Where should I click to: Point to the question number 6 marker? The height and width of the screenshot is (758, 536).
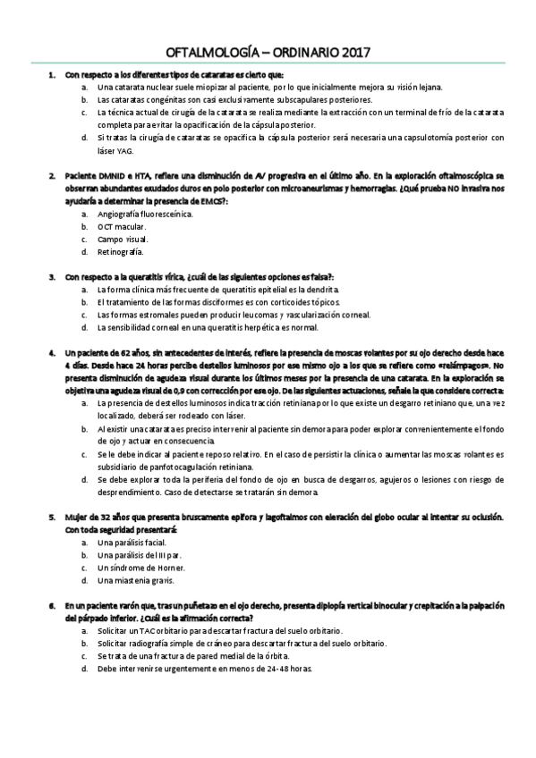point(53,605)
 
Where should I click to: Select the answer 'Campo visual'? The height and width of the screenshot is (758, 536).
point(123,240)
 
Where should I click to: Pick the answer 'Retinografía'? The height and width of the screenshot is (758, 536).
point(121,252)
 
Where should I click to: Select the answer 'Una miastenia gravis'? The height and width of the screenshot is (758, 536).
point(134,580)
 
